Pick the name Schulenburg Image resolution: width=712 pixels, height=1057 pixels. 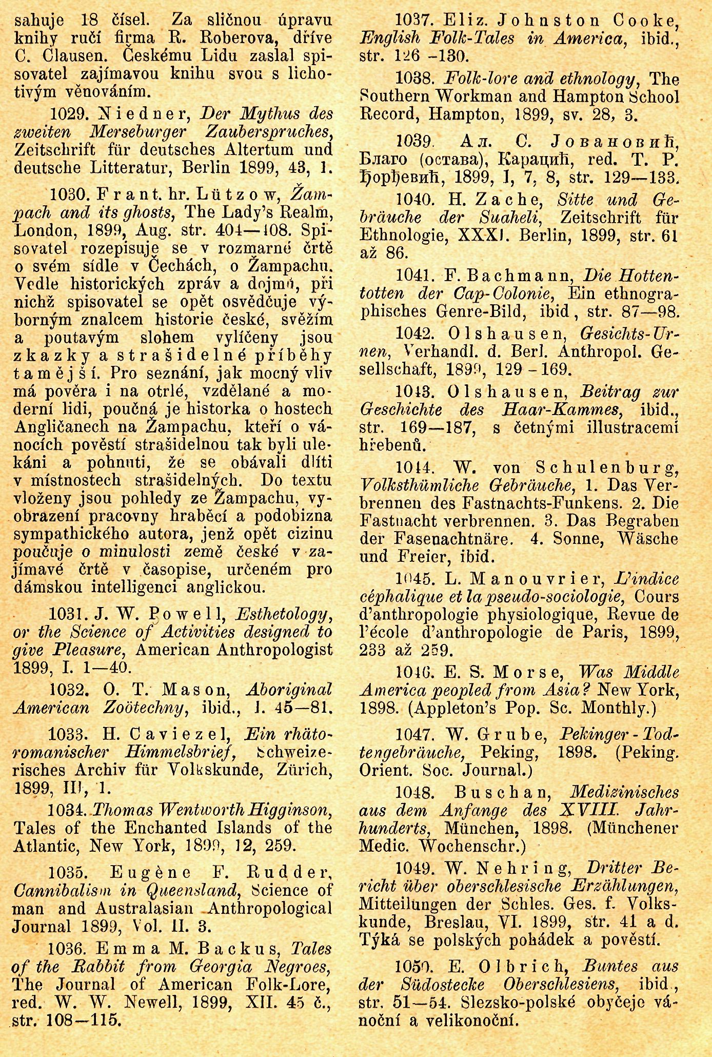pyautogui.click(x=607, y=467)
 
